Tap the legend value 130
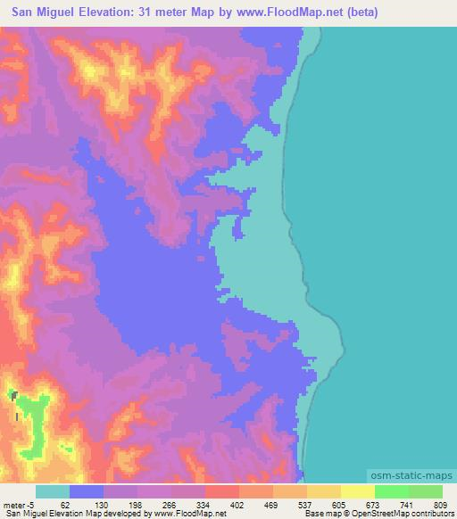pos(104,505)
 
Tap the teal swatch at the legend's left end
pos(53,492)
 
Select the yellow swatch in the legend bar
pos(358,492)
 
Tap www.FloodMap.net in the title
pos(285,12)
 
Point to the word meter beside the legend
pos(14,505)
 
